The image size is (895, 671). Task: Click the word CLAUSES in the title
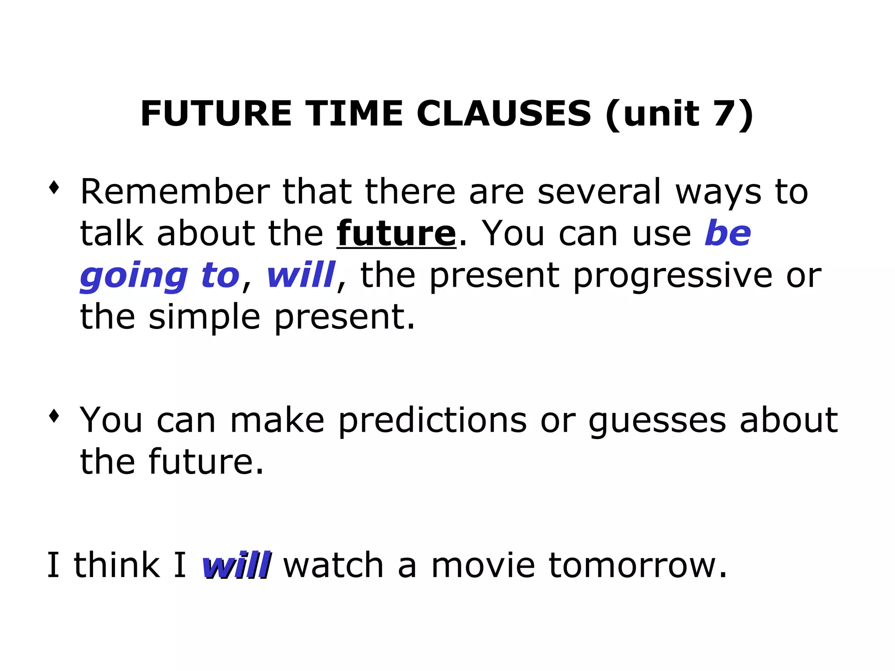[x=503, y=114]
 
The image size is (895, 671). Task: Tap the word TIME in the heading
[x=354, y=114]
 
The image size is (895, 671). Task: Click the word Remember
[x=175, y=192]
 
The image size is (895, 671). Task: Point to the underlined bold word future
[x=396, y=234]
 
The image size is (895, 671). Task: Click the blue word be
[x=728, y=234]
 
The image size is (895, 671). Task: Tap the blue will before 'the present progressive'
[x=301, y=275]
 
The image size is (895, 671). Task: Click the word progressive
[x=673, y=277]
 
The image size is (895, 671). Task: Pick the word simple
[x=205, y=318]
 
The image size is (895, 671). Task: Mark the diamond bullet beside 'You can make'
[x=54, y=415]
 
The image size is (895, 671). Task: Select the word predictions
[x=433, y=421]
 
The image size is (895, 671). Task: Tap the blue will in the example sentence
[x=236, y=565]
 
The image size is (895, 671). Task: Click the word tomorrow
[x=638, y=565]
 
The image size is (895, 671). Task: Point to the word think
[x=117, y=565]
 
